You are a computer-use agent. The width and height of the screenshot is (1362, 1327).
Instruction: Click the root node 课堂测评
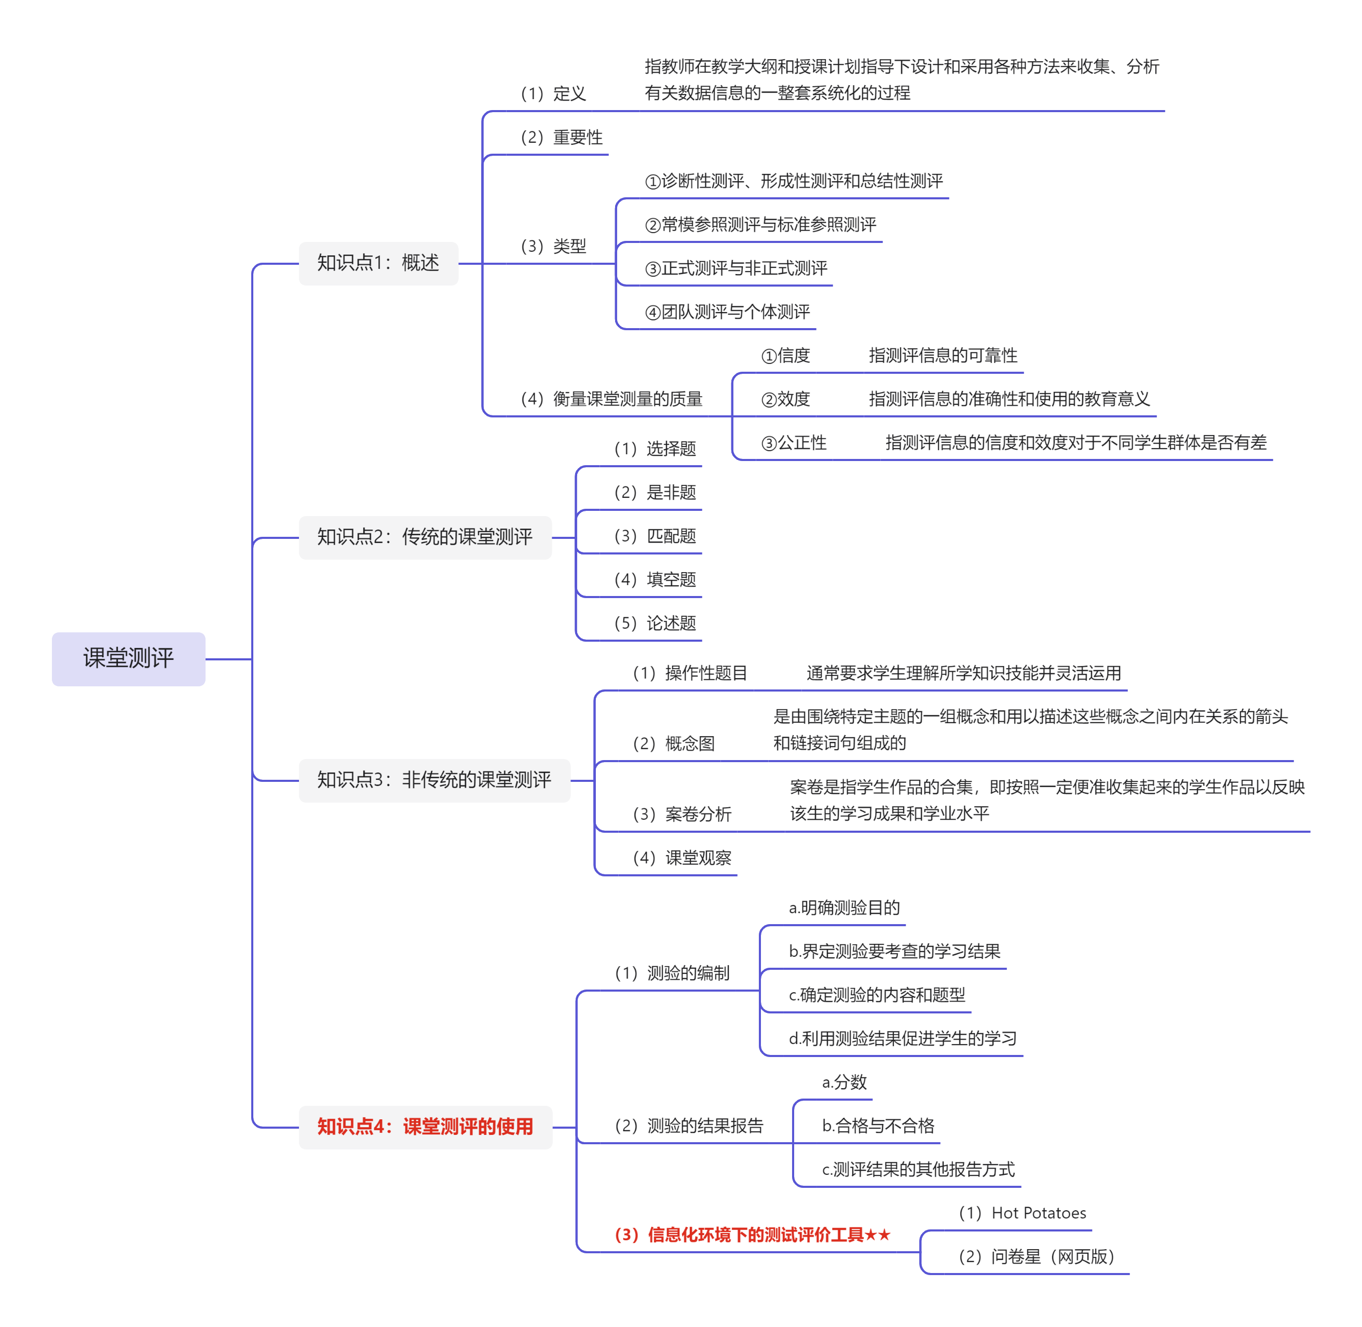point(128,659)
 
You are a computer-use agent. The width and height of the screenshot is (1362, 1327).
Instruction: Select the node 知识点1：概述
point(378,263)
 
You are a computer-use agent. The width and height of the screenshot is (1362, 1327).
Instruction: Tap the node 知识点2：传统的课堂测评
point(425,537)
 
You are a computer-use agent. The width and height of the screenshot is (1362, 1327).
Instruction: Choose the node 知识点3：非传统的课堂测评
point(434,780)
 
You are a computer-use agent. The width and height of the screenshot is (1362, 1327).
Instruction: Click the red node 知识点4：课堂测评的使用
point(425,1127)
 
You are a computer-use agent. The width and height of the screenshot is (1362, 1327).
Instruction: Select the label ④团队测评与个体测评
point(727,312)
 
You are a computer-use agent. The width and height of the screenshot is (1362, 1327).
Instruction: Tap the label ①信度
point(786,356)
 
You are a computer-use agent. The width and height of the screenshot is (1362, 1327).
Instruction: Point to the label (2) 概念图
point(673,743)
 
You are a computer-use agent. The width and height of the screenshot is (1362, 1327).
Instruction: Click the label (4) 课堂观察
point(682,858)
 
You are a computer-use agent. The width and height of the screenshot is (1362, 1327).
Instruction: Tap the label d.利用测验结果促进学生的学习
point(903,1038)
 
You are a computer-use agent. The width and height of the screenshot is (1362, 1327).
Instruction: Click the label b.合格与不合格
point(878,1126)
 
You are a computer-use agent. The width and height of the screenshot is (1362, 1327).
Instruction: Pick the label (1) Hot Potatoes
point(1022,1213)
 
